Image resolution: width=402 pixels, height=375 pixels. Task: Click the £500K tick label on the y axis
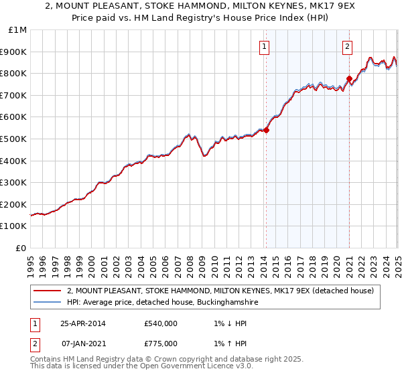pos(14,139)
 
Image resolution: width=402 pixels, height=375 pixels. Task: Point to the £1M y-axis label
pos(18,30)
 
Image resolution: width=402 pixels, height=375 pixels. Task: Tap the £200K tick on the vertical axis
pos(14,204)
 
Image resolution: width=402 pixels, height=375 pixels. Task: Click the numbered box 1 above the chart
pos(265,47)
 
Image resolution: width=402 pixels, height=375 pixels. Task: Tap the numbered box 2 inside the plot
pos(348,47)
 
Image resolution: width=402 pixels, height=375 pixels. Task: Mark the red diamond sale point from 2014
pos(266,131)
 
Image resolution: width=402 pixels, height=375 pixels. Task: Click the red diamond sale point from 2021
pos(349,79)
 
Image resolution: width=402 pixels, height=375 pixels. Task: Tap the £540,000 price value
pos(160,323)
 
